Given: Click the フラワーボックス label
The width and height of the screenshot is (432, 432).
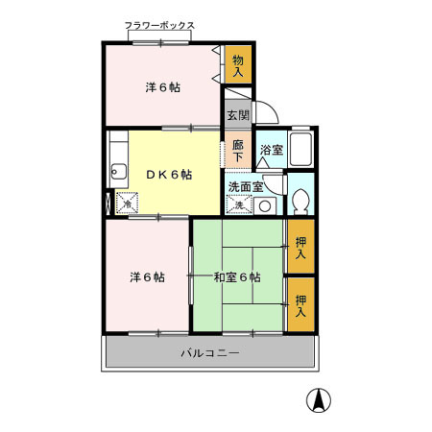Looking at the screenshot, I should tap(159, 27).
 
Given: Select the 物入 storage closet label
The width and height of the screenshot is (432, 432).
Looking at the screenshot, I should tap(238, 66).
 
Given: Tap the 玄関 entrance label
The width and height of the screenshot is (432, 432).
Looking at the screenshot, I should tap(237, 115).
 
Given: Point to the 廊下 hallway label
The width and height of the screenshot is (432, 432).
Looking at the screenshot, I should tap(238, 151).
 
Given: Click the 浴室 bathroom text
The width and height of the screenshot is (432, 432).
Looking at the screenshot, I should tap(271, 149).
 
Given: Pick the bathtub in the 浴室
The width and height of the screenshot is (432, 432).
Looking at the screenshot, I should tap(301, 149).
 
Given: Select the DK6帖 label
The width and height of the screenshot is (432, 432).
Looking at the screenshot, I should tap(168, 175).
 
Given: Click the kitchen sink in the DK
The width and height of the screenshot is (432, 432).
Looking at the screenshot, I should tap(119, 173).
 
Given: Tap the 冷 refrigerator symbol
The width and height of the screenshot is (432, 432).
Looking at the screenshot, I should tap(127, 204).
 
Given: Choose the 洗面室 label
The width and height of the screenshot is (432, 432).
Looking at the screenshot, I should tap(246, 186).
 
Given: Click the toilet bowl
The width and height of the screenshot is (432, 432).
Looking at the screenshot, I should tap(300, 202).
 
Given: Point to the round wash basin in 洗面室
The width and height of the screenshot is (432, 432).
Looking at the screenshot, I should tap(264, 205).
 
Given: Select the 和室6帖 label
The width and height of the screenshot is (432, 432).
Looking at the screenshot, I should tap(236, 277).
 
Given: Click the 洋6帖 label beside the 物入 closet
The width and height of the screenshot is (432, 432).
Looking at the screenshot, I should tap(163, 88).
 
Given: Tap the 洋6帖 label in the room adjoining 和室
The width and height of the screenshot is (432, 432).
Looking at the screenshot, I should tap(147, 277).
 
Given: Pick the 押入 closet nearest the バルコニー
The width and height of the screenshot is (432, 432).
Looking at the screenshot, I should tap(300, 306).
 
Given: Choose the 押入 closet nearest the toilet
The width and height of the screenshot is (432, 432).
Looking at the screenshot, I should tap(300, 248).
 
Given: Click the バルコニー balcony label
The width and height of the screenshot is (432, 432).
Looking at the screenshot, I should tap(209, 353).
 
